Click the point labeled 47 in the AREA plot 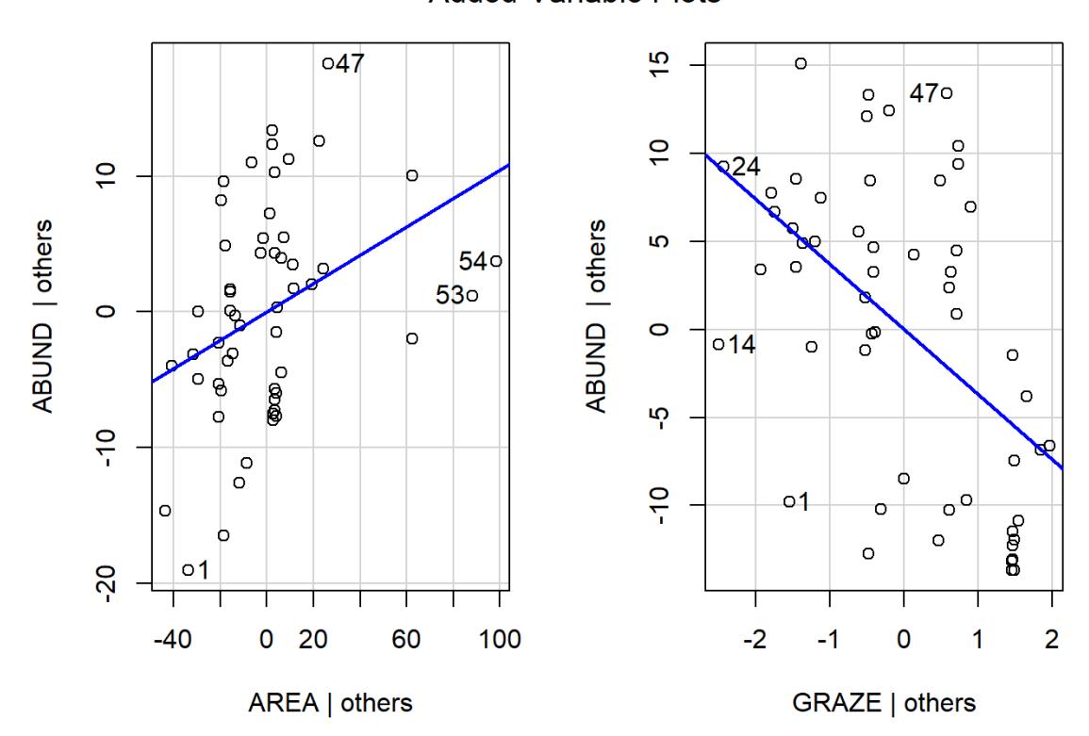327,64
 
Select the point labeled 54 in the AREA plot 496,261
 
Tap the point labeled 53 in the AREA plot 472,295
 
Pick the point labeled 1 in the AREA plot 188,569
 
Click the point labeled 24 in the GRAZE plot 723,167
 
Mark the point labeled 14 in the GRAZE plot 718,344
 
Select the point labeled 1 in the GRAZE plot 789,501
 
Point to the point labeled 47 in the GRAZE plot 947,93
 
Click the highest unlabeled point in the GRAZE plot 800,63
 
